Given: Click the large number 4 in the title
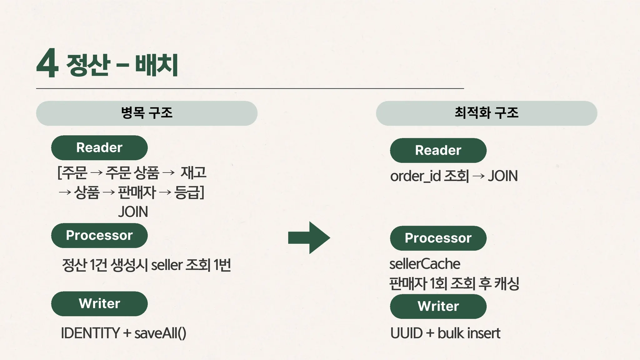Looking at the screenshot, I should click(x=47, y=64).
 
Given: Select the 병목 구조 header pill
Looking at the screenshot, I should click(x=147, y=113).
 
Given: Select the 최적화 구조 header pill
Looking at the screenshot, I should click(x=486, y=113).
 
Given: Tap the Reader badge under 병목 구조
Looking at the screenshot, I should click(x=99, y=148).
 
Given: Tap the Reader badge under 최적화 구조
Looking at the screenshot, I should click(x=438, y=150).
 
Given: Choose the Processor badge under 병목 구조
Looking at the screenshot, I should click(x=99, y=236).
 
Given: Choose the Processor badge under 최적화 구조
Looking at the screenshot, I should click(x=438, y=238).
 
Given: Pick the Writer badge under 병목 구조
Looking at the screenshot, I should click(x=99, y=304).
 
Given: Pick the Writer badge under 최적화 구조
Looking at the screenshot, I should click(x=438, y=306).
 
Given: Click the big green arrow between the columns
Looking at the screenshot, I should click(x=309, y=237).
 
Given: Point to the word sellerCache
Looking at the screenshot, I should click(x=424, y=264).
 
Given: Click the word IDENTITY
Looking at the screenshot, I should click(x=90, y=333).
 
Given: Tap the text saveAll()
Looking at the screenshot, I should click(x=160, y=333).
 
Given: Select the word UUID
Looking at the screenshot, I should click(x=406, y=333).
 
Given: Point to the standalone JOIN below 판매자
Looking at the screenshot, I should click(x=133, y=212).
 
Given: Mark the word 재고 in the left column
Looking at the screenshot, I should click(x=193, y=172).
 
